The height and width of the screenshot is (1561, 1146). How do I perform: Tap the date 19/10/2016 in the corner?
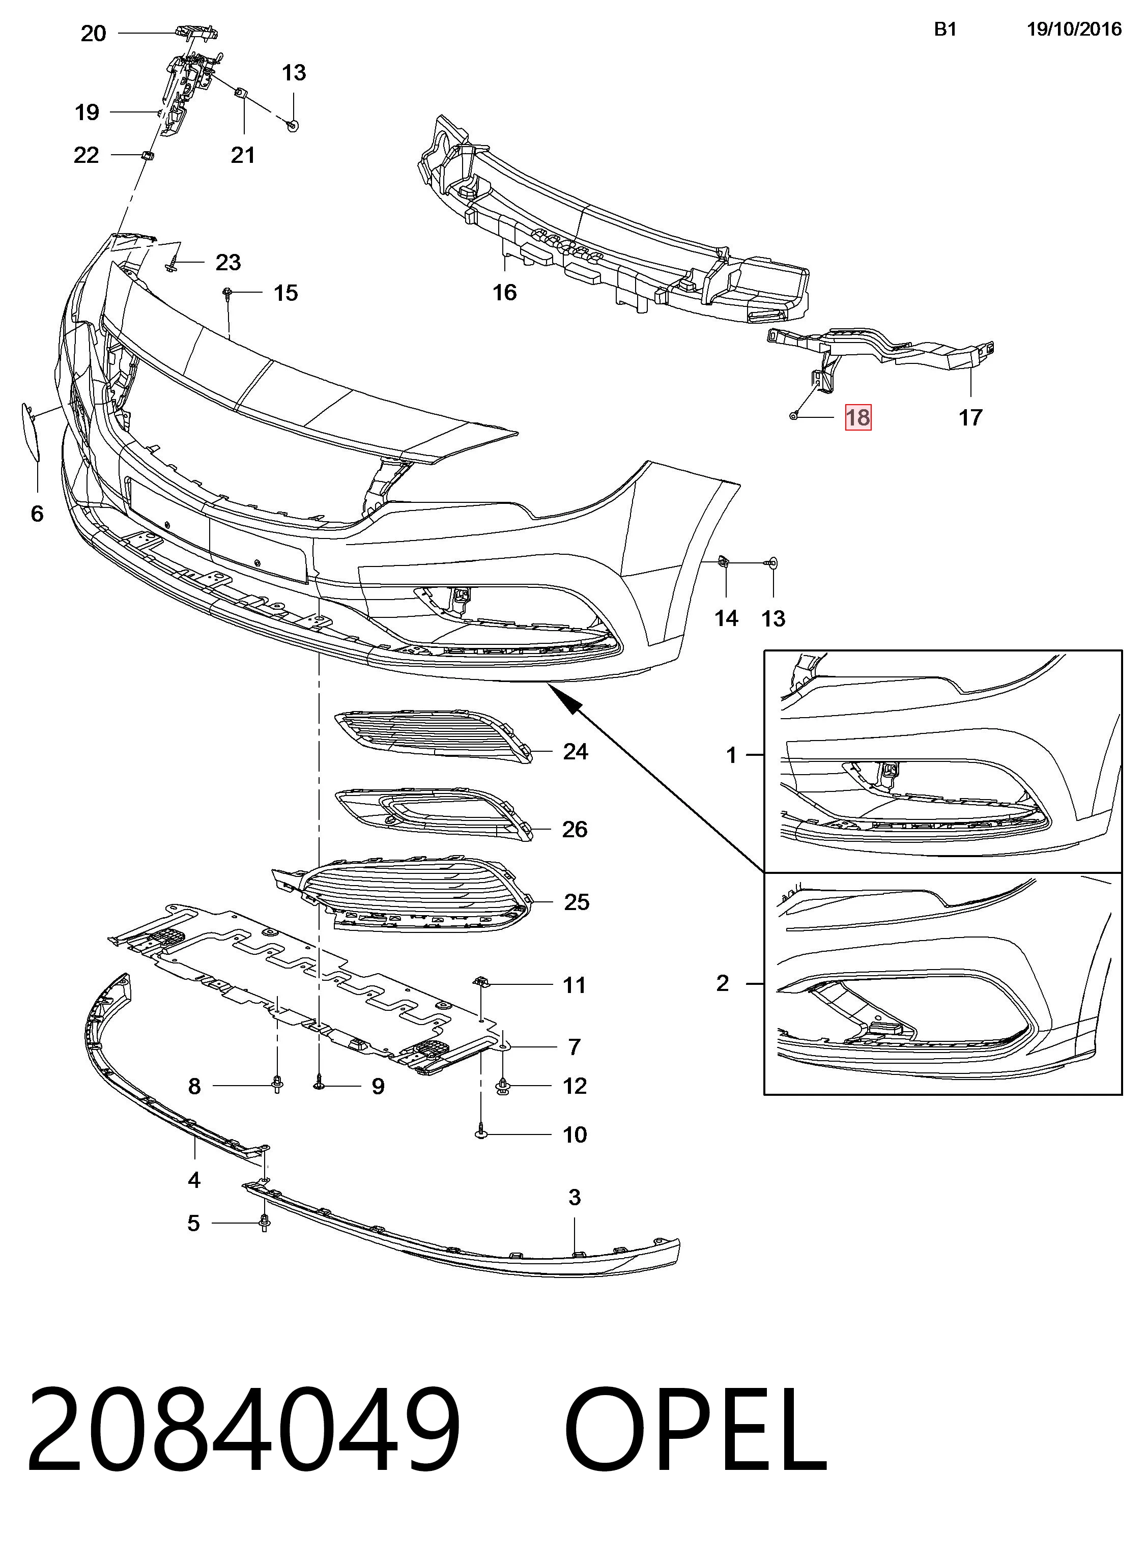coord(1074,29)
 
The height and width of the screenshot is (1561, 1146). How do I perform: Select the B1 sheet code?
coord(946,29)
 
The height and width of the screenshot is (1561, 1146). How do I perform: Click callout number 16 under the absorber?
coord(504,293)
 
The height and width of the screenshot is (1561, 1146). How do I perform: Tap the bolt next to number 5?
coord(264,1223)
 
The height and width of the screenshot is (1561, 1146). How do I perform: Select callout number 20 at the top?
coord(94,33)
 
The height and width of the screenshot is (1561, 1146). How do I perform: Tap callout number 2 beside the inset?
coord(723,983)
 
